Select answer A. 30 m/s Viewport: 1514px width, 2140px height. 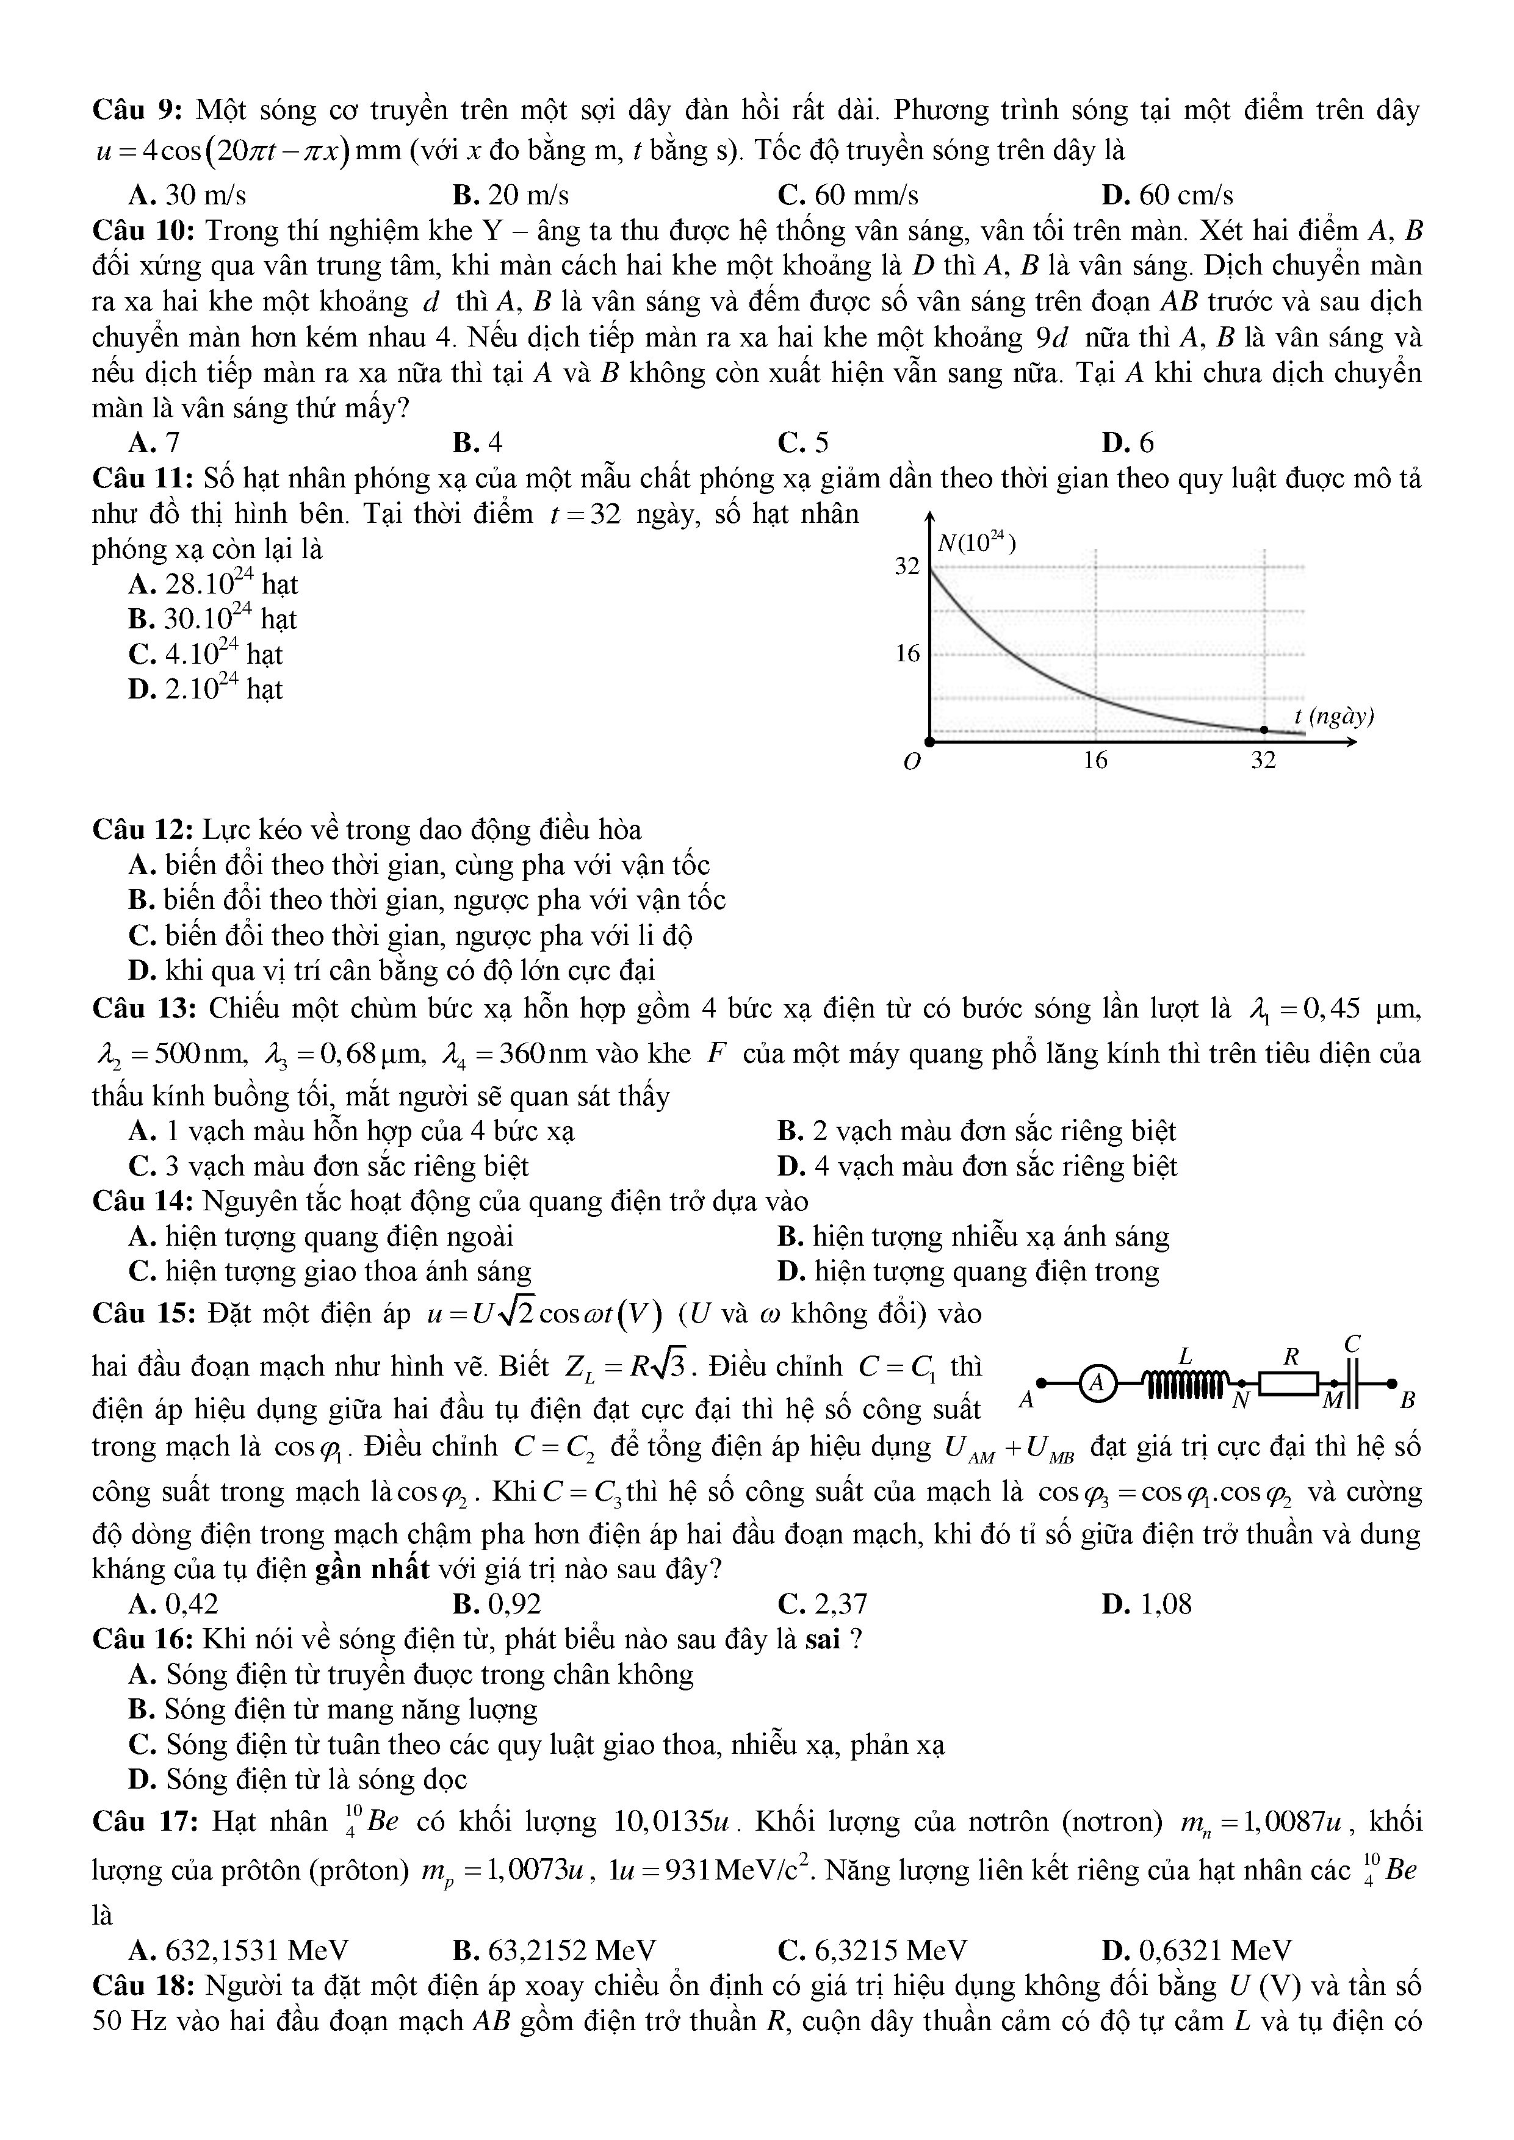[x=187, y=195]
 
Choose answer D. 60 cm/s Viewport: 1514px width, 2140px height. [x=1166, y=195]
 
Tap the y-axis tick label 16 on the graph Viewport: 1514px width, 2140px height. [x=907, y=655]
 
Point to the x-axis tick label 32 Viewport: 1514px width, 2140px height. [x=1263, y=761]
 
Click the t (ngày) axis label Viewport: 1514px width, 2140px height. [x=1334, y=717]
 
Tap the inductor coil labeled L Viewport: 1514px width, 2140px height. [x=1183, y=1384]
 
